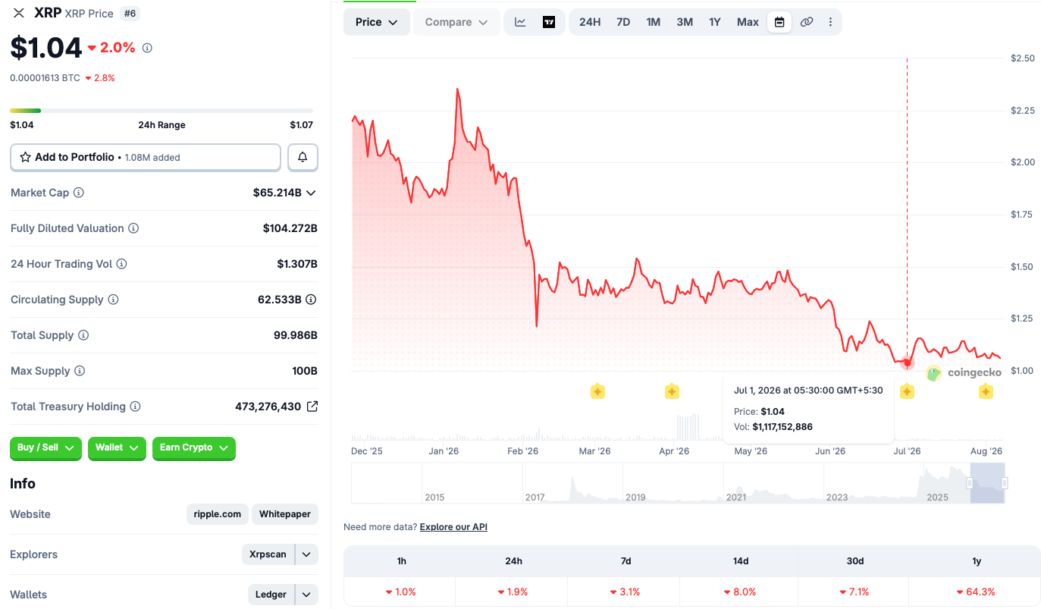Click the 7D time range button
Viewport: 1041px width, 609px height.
point(622,22)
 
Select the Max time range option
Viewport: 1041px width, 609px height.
point(748,22)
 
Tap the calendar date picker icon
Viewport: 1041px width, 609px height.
point(779,22)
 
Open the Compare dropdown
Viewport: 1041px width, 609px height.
point(456,22)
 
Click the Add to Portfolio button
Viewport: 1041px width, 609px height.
point(146,157)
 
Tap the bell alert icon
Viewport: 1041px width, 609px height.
point(303,157)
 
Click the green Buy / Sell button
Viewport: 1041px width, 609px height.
point(45,447)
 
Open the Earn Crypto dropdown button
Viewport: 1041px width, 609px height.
point(194,447)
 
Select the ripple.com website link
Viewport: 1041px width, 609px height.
point(217,513)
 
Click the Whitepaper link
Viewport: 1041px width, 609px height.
point(285,513)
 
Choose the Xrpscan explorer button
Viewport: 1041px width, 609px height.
point(268,554)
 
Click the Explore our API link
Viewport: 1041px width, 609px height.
point(453,527)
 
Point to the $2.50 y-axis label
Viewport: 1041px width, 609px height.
point(1022,58)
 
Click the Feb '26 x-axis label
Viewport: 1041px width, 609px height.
point(523,451)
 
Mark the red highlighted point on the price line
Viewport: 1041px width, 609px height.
point(907,363)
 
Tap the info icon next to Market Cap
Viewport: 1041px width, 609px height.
point(79,193)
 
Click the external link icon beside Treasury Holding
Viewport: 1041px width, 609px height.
point(312,407)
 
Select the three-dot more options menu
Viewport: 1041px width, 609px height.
point(830,22)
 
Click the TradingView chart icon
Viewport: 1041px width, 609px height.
point(549,22)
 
